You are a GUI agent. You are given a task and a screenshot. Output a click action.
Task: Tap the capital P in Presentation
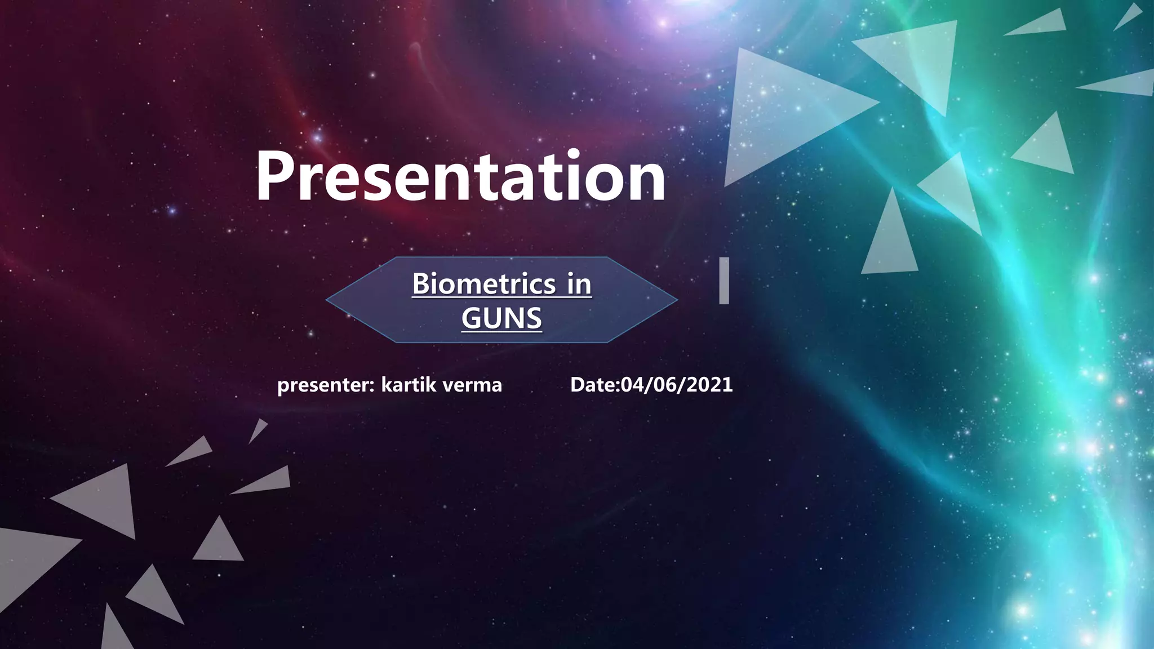coord(276,176)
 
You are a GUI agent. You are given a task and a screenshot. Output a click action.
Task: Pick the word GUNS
coord(501,318)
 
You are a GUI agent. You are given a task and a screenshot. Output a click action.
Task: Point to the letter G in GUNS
coord(472,318)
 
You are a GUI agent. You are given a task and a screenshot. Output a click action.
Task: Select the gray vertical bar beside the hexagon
coord(724,281)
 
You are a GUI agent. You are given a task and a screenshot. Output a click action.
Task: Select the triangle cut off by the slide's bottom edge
coord(116,634)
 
